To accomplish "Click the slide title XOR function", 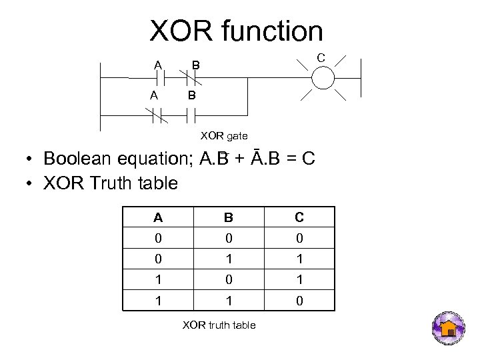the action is click(x=236, y=31).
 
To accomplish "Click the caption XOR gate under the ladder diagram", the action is click(x=224, y=136).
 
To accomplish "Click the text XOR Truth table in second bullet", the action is click(x=110, y=183).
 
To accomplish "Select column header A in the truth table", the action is click(x=158, y=217).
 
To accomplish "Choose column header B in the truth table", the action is click(x=228, y=217).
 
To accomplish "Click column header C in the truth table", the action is click(x=299, y=217).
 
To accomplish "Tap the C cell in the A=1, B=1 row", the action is click(x=299, y=301).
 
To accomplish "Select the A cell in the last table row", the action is click(x=158, y=301).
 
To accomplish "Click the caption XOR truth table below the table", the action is click(x=219, y=325).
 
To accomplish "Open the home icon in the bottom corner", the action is click(x=449, y=328).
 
